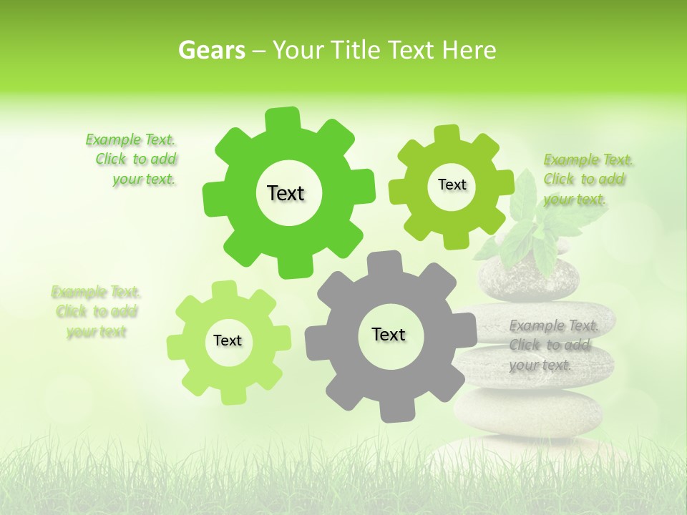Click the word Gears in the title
pyautogui.click(x=211, y=51)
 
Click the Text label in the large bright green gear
pyautogui.click(x=286, y=193)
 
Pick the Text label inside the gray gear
pyautogui.click(x=389, y=334)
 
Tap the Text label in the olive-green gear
pyautogui.click(x=452, y=185)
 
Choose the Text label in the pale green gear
pyautogui.click(x=228, y=340)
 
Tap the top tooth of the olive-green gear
pyautogui.click(x=448, y=135)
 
